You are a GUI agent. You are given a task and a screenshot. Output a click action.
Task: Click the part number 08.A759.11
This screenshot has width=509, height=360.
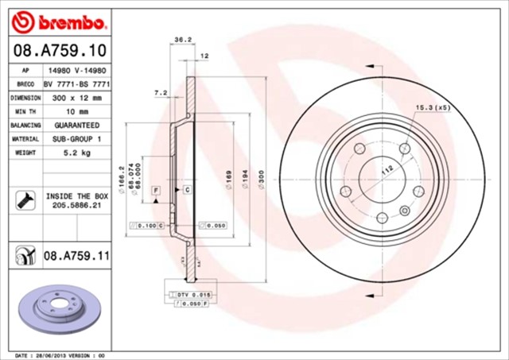tap(76, 256)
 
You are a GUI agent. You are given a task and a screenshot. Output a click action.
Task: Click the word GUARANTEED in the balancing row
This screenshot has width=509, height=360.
tap(76, 126)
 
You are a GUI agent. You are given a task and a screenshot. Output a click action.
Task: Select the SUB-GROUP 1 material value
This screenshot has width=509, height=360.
tap(76, 139)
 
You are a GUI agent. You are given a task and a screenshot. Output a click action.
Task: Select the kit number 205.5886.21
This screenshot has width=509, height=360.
tap(76, 204)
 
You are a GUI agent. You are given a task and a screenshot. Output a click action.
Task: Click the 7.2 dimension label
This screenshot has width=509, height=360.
tap(159, 93)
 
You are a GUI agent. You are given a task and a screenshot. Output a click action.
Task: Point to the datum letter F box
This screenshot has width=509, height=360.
tap(156, 190)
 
